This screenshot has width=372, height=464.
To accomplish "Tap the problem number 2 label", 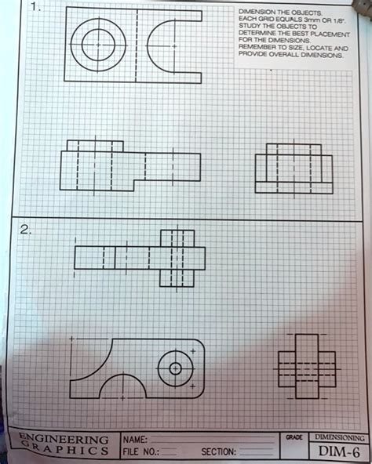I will [27, 230].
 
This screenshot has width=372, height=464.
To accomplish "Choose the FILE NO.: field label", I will [139, 452].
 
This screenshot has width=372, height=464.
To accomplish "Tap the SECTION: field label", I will [219, 452].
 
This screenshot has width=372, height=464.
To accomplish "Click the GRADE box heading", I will [294, 436].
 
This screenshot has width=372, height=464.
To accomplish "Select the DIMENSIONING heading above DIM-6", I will [337, 436].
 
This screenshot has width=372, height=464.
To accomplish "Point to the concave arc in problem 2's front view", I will [102, 361].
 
